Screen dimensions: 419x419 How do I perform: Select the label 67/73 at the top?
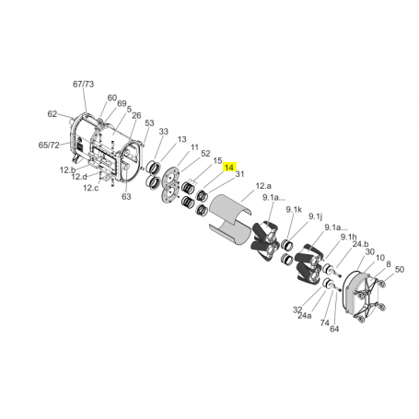(x=83, y=84)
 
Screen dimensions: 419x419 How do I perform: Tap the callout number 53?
(x=148, y=122)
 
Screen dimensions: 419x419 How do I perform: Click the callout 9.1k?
(x=295, y=211)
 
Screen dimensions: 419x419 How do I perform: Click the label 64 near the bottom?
(x=334, y=328)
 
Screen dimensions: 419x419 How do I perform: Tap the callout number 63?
(x=126, y=196)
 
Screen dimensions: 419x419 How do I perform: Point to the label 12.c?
(x=90, y=188)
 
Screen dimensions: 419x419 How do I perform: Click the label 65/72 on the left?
(x=49, y=145)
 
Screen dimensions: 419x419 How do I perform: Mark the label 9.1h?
(x=347, y=237)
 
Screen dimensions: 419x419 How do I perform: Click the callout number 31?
(x=239, y=174)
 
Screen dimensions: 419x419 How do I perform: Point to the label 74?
(x=324, y=323)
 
